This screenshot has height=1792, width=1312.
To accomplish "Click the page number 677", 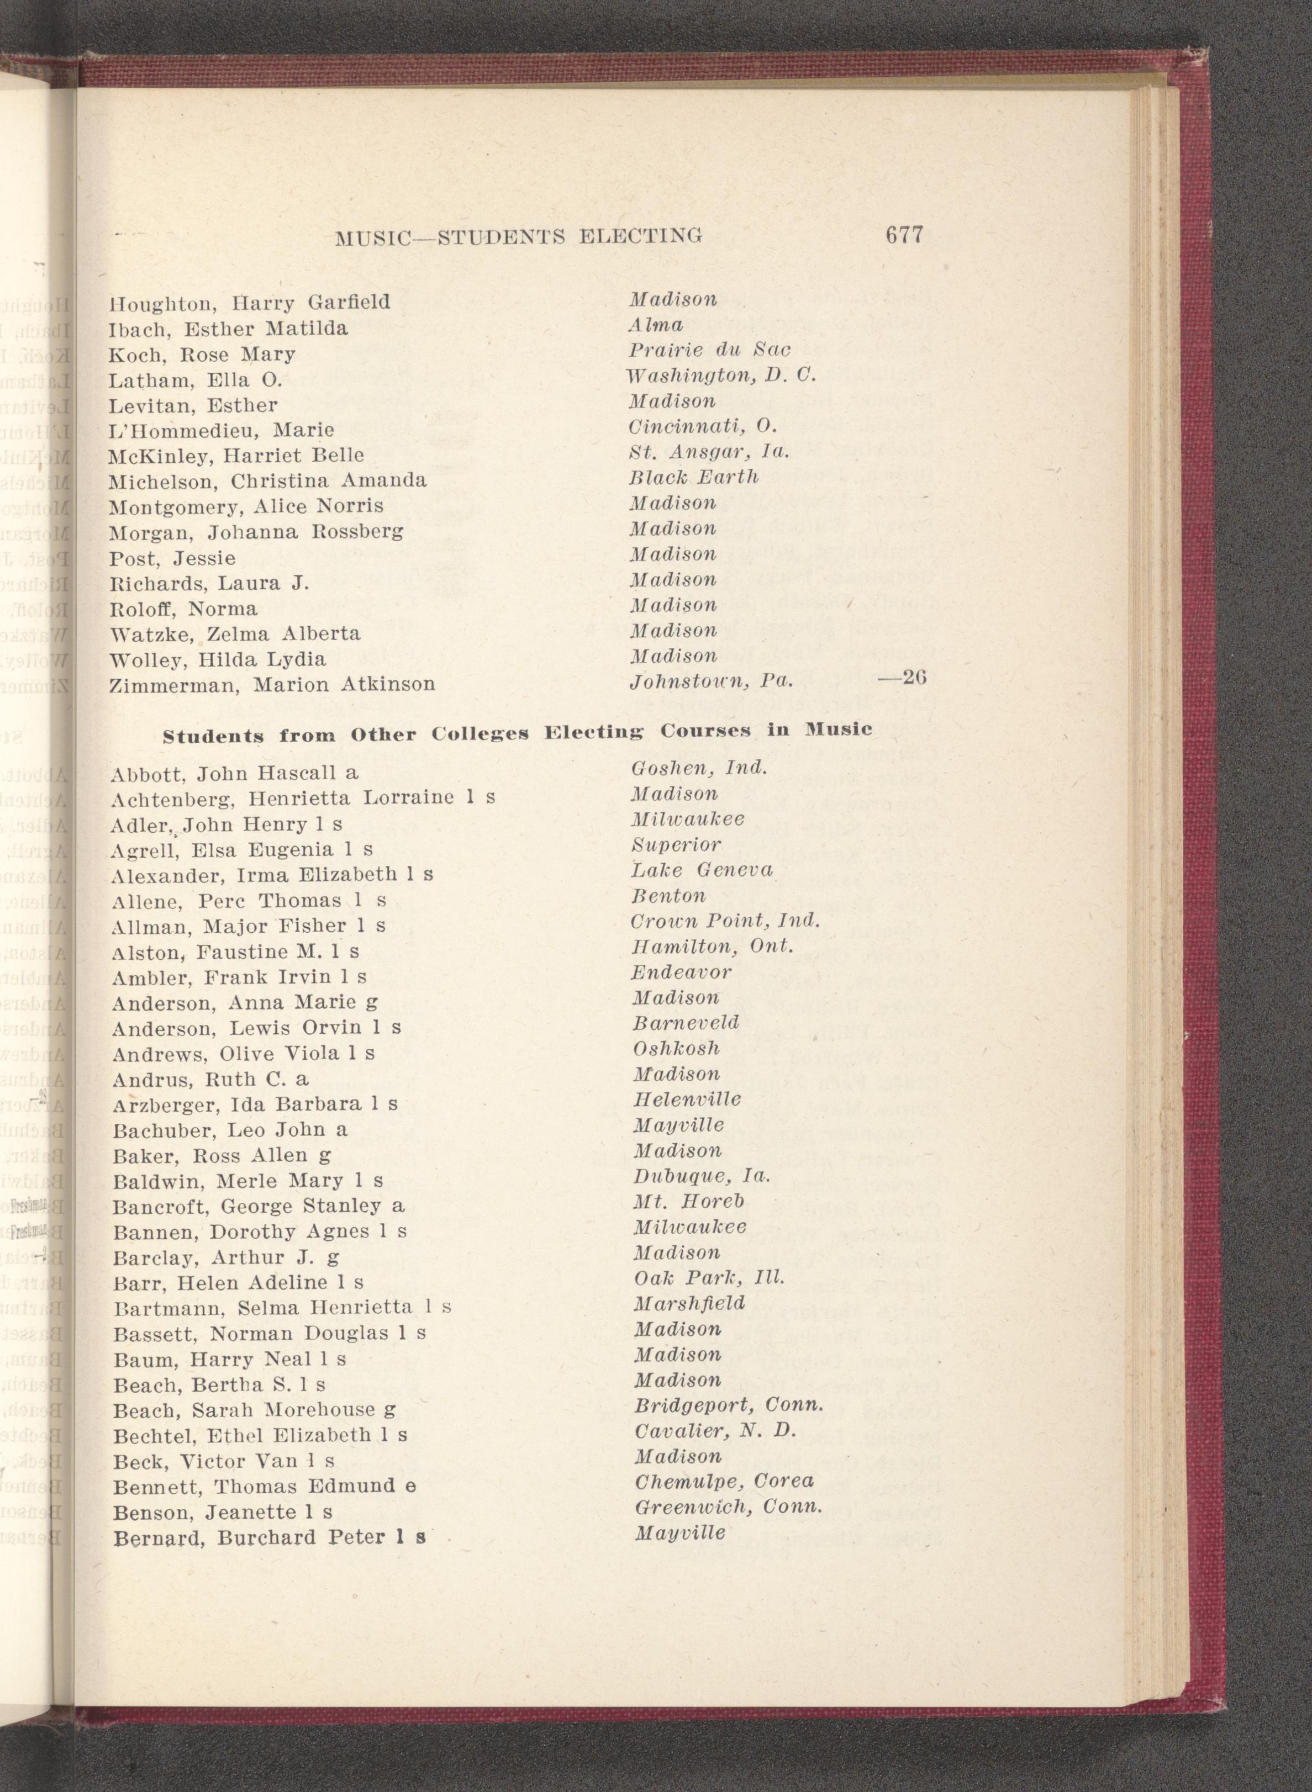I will (903, 236).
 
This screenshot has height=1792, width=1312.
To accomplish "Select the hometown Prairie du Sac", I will (710, 350).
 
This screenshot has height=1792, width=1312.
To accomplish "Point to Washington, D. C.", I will (720, 376).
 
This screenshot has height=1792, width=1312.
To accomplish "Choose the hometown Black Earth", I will (693, 477).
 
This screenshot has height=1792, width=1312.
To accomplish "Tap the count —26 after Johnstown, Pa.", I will (903, 679).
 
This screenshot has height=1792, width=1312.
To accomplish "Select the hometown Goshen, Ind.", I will (698, 768).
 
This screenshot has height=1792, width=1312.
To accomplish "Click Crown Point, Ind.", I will (724, 921).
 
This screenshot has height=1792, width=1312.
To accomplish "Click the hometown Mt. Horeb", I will (688, 1201).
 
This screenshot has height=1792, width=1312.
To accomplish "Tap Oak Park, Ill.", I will (708, 1278).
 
